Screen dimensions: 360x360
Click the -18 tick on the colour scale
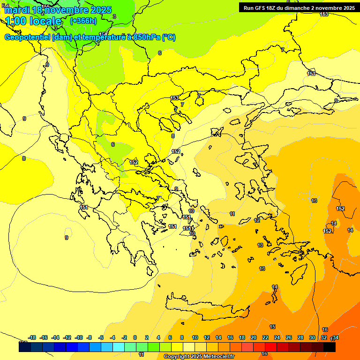pyautogui.click(x=32, y=337)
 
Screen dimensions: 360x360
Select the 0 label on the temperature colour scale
pyautogui.click(x=135, y=337)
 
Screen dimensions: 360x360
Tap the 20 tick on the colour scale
pyautogui.click(x=254, y=337)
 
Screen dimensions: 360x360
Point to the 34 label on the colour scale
pyautogui.click(x=335, y=337)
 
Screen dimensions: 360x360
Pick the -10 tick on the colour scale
pyautogui.click(x=79, y=337)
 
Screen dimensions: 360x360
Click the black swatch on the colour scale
pyautogui.click(x=329, y=347)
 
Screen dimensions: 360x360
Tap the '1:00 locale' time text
pyautogui.click(x=34, y=21)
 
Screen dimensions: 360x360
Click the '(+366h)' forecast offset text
pyautogui.click(x=83, y=21)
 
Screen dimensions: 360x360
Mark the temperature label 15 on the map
pyautogui.click(x=272, y=327)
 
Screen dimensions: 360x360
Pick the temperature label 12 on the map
pyautogui.click(x=257, y=220)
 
